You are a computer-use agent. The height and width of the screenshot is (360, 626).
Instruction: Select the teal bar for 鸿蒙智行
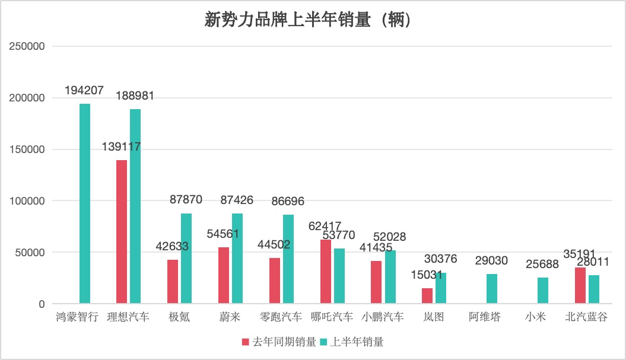click(x=85, y=203)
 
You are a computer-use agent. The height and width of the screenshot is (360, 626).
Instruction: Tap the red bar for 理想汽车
click(x=122, y=232)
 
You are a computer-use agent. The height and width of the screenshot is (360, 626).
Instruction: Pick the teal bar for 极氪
click(x=186, y=259)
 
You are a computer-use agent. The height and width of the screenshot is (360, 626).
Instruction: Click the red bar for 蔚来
click(x=224, y=276)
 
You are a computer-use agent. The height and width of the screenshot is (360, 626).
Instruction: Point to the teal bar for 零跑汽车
click(x=288, y=259)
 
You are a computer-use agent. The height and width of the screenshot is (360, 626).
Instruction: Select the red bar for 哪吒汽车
click(x=326, y=272)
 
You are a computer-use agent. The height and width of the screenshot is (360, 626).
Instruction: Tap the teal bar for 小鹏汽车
click(x=390, y=277)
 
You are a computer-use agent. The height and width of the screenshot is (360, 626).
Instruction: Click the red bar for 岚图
click(x=427, y=296)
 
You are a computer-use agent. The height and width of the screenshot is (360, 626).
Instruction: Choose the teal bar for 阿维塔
click(x=492, y=289)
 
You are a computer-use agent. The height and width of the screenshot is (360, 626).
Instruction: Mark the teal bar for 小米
click(x=543, y=291)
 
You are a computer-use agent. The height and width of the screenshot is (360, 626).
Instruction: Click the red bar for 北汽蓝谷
click(x=580, y=286)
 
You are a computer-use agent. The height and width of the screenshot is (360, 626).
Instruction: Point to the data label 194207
click(x=84, y=91)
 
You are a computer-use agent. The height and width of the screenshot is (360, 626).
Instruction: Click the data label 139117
click(x=121, y=146)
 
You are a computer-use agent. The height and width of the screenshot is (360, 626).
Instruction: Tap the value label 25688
click(x=543, y=263)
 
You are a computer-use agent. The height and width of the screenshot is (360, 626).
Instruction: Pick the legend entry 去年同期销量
click(x=279, y=342)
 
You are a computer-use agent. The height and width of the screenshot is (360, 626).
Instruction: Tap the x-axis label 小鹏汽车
click(x=383, y=317)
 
